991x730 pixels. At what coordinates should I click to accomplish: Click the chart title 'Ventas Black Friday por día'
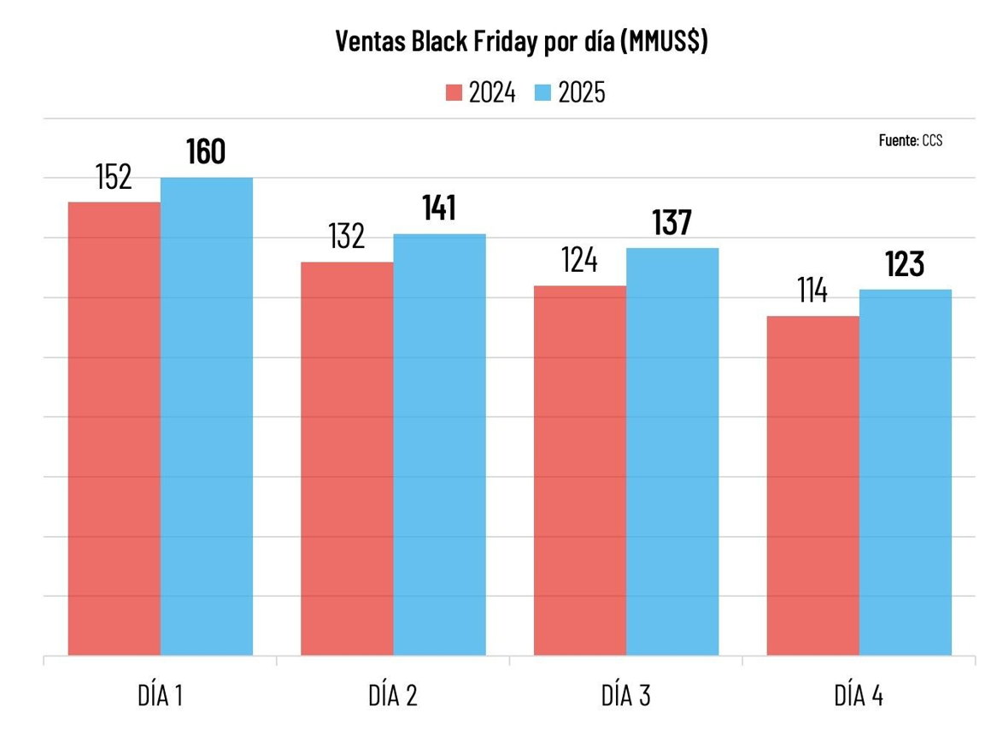(521, 42)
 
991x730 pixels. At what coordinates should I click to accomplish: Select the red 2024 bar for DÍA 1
(114, 427)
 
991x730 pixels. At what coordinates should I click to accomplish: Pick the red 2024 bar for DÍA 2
(347, 458)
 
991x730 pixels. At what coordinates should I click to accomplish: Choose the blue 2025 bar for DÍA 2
(439, 444)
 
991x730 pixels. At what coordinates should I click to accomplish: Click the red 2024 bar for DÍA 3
(580, 470)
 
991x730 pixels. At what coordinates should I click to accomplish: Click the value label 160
(206, 151)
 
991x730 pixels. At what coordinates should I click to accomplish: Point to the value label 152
(113, 177)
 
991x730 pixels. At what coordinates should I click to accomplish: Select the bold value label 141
(439, 208)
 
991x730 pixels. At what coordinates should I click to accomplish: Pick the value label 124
(579, 260)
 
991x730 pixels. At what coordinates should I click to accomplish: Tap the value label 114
(812, 291)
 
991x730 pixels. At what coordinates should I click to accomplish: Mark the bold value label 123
(905, 264)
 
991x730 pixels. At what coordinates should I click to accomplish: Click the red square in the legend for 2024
(454, 92)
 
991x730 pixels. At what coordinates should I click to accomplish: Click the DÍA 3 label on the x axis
(626, 696)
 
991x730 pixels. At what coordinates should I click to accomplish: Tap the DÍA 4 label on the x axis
(859, 696)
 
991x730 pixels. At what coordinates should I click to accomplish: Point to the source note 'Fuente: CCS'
(911, 140)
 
